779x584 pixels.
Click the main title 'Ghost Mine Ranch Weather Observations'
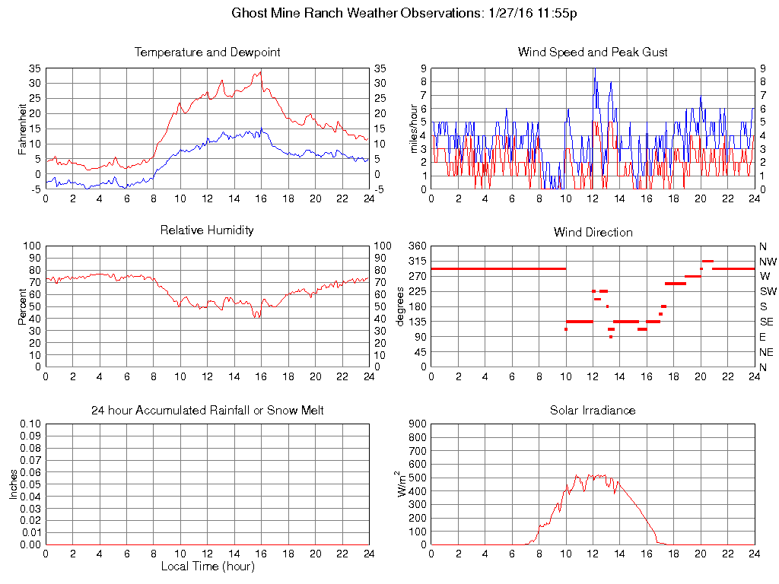(355, 14)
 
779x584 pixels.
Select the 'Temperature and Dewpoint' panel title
(207, 52)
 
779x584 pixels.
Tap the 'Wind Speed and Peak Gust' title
(593, 52)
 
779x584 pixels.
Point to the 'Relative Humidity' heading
(207, 230)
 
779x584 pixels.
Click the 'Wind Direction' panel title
(593, 233)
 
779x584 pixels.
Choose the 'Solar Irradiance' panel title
(593, 411)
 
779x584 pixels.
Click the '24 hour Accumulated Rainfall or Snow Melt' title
(207, 411)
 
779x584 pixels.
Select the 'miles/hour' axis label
(415, 129)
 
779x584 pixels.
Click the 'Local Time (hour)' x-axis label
(207, 567)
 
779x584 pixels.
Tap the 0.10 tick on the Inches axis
(30, 424)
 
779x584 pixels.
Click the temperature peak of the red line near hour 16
(261, 71)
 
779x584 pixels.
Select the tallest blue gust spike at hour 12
(593, 69)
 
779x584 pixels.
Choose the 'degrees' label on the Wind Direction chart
(401, 306)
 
